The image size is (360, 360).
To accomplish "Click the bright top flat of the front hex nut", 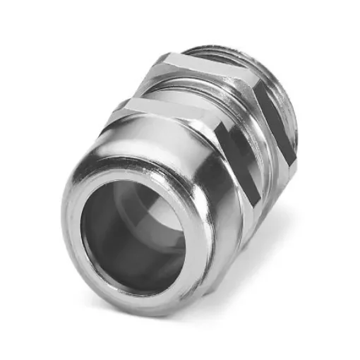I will click(x=162, y=107).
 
